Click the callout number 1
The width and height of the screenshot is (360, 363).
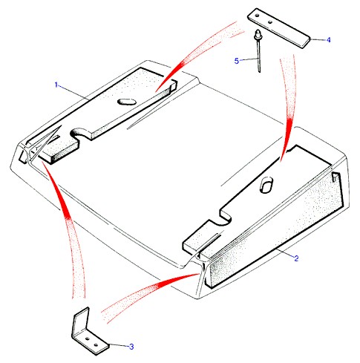[56, 85]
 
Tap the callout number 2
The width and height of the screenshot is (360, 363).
[296, 258]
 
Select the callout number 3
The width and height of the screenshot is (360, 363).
[131, 347]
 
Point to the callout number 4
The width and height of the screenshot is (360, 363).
[328, 40]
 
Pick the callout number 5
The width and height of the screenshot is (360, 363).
[237, 61]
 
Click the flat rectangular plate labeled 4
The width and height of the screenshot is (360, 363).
[278, 28]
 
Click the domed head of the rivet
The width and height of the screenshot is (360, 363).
[258, 34]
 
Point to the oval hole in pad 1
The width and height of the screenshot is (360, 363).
[127, 102]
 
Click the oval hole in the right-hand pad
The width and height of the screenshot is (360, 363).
[266, 184]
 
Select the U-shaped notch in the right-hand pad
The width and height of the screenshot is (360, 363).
[225, 217]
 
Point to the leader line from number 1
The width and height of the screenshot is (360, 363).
[73, 92]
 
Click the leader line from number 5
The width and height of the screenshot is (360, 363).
[249, 59]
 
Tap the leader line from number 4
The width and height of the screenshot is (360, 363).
[318, 39]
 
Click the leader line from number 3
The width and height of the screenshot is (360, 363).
[119, 345]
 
